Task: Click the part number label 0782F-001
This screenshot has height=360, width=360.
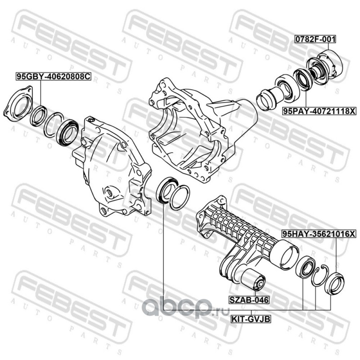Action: pos(315,39)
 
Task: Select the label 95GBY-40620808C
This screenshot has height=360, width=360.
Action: pos(53,76)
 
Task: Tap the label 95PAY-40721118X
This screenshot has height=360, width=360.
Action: pos(319,111)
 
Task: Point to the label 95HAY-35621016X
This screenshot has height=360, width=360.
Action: pos(319,234)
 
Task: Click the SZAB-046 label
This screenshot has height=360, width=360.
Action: pos(249,300)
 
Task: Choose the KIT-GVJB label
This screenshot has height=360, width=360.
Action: pos(251,319)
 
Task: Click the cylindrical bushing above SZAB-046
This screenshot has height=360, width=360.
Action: pos(253,279)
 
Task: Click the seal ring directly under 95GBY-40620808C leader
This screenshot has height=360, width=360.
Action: pos(39,116)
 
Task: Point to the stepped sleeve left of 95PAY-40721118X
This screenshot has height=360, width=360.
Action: pos(267,99)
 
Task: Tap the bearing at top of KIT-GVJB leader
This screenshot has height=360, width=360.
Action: pos(166,190)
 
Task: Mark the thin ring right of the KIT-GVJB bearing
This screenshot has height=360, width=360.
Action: pos(180,198)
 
